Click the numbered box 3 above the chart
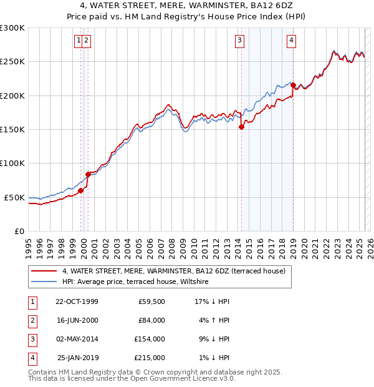[239, 41]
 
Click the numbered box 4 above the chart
[291, 41]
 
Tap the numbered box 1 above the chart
[79, 41]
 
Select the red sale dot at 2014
[241, 127]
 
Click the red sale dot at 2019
[293, 85]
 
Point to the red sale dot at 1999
[80, 190]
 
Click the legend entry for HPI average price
[136, 282]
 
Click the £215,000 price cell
[149, 358]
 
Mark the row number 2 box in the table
[32, 320]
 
